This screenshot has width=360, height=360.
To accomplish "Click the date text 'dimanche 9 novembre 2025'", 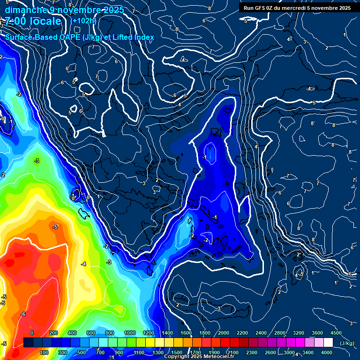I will coord(64,10).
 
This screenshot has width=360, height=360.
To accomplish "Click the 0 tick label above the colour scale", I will coord(32,333).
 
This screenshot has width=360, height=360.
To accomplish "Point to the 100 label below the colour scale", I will coord(45,352).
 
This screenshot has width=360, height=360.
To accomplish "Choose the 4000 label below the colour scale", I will coord(326,352).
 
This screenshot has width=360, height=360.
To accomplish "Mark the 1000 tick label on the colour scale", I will coord(129,333).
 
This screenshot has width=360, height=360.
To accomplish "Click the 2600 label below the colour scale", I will coord(270,352).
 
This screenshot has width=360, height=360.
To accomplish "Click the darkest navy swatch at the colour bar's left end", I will coord(28,343).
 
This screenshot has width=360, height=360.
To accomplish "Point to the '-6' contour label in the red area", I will coord(23,314).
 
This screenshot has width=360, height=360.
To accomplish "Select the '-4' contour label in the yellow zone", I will coord(83,264).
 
